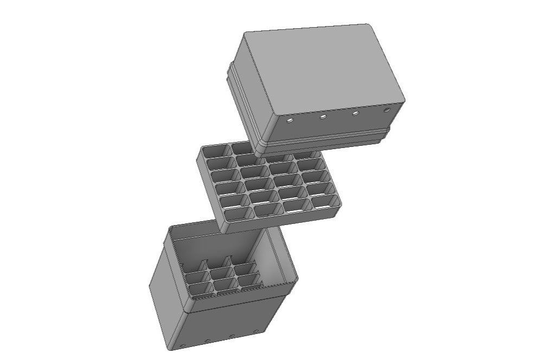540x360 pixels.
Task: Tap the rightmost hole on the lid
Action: pos(387,110)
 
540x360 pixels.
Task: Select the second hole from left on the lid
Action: pos(323,116)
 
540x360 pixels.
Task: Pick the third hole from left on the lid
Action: pos(356,113)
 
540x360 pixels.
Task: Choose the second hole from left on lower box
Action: pos(207,340)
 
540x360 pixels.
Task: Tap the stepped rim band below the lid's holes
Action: pos(325,140)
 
